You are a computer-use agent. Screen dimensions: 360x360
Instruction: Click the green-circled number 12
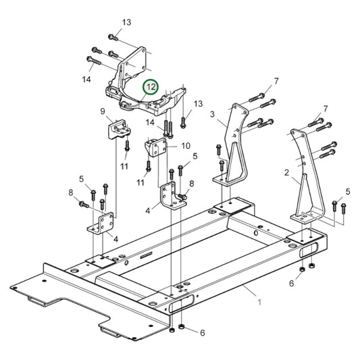[150, 87]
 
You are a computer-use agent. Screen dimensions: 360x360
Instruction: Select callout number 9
[103, 111]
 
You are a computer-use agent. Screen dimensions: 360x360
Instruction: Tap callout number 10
[186, 145]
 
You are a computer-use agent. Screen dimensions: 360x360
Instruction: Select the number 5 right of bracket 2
[348, 191]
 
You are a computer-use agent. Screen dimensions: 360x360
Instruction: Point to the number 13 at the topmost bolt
[126, 22]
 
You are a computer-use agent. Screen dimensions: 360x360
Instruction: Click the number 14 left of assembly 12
[86, 79]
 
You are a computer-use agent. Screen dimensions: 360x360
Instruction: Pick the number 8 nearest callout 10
[191, 183]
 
